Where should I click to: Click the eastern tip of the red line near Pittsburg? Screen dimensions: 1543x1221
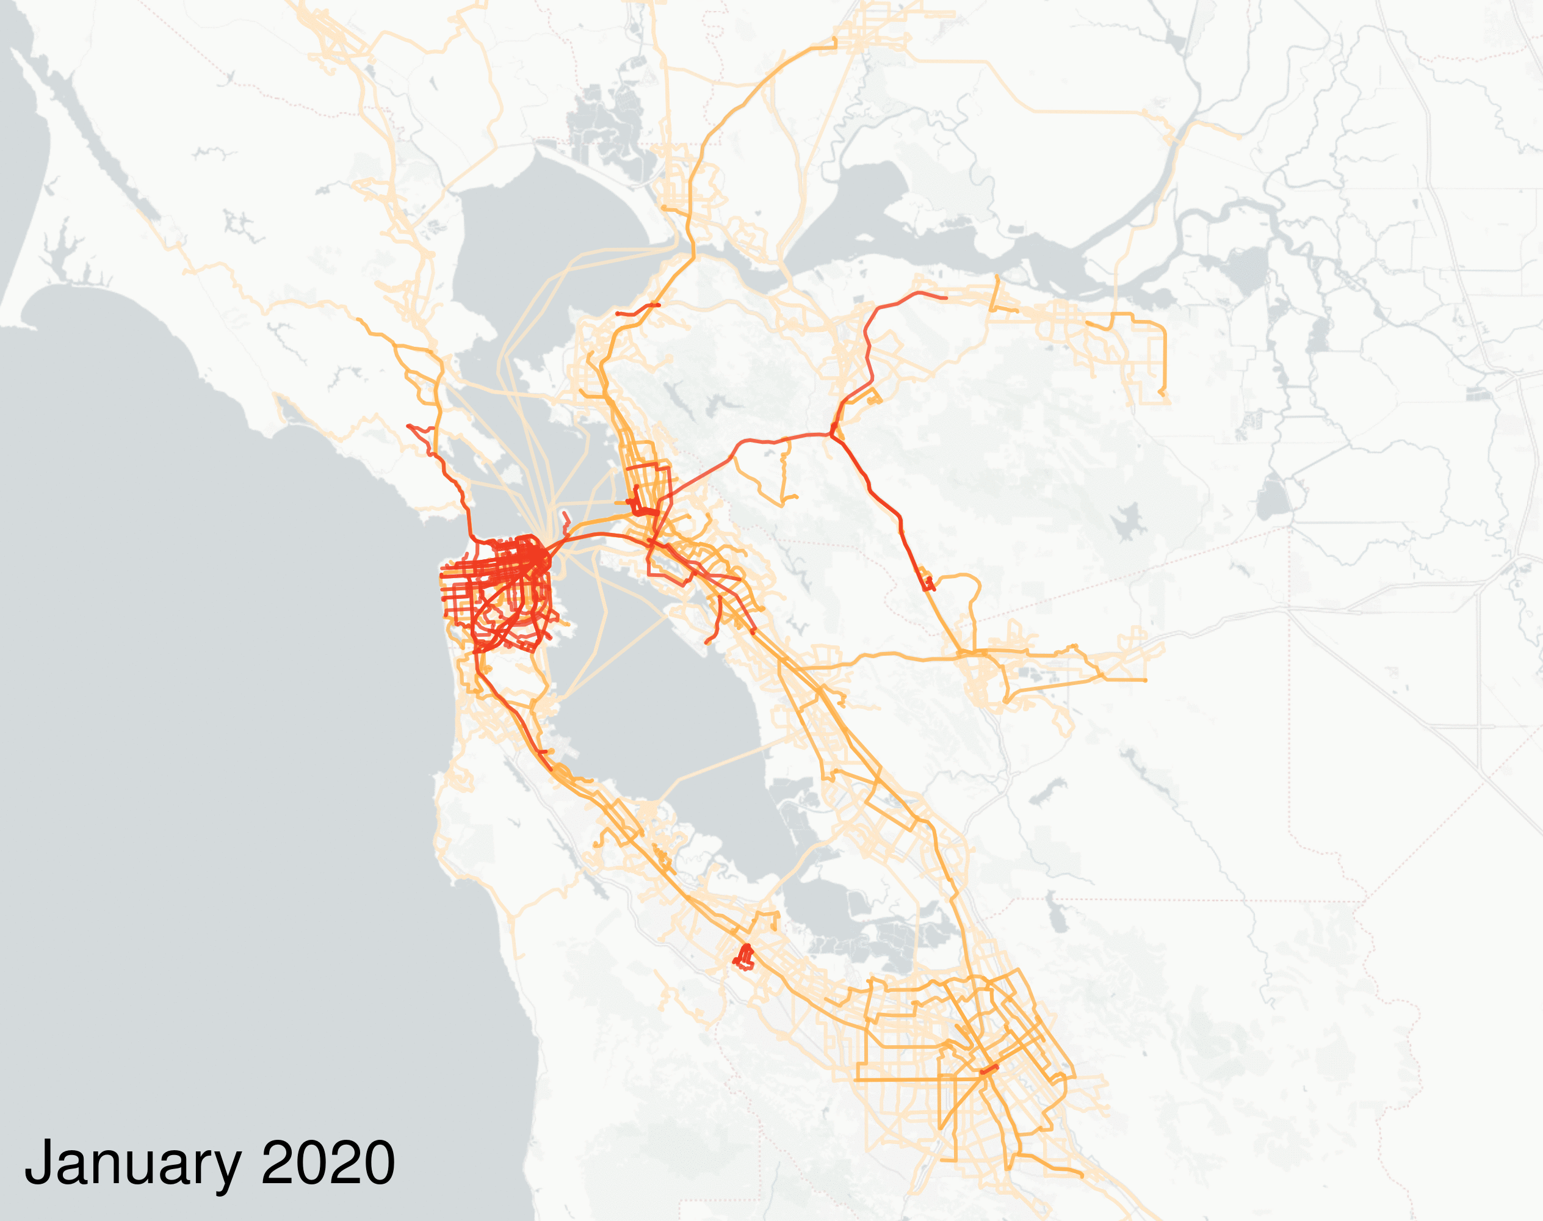[945, 297]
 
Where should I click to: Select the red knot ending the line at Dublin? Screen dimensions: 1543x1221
[928, 586]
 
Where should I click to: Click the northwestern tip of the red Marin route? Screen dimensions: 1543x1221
[410, 426]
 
